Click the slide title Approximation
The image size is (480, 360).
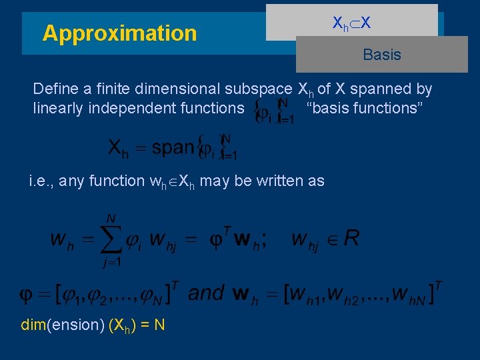[119, 33]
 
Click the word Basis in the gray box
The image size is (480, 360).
[382, 55]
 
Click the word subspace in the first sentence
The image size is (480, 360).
[259, 89]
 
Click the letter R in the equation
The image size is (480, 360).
[351, 239]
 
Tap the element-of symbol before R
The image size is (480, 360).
[331, 239]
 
